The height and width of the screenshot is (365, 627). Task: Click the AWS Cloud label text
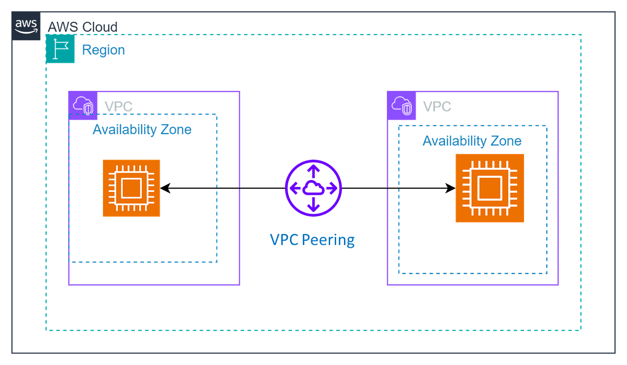pos(83,27)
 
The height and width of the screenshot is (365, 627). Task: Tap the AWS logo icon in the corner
pos(27,26)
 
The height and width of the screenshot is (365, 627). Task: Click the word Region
pos(103,50)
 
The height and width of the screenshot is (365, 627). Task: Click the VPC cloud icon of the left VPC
pos(82,105)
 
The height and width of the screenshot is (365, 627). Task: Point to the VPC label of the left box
pos(119,107)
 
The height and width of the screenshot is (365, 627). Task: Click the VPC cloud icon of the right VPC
pos(402,106)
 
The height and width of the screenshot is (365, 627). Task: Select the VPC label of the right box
pos(437,107)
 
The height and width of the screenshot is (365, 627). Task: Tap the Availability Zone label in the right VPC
pos(471,141)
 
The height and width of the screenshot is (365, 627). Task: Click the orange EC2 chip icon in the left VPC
pos(132,187)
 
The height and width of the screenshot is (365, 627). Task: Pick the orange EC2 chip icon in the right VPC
pos(489,188)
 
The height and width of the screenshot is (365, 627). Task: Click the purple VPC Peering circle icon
pos(313,187)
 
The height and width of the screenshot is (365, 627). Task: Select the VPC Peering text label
pos(312,240)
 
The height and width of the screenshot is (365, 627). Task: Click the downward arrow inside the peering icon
pos(313,203)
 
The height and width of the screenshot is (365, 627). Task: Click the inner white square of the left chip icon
pos(132,187)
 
